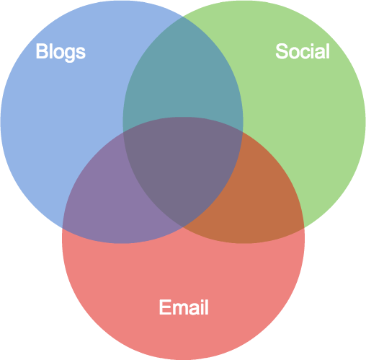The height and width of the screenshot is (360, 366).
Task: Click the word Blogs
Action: point(61,52)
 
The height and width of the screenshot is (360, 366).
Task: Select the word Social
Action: point(303,51)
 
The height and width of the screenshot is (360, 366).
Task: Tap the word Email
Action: point(184,307)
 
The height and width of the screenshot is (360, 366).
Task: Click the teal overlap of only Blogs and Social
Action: point(183,72)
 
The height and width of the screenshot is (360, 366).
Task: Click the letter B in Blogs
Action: point(41,51)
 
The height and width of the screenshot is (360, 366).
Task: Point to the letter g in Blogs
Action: point(71,54)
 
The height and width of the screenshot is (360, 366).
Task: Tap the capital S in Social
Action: point(282,51)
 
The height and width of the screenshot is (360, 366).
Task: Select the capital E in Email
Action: point(164,307)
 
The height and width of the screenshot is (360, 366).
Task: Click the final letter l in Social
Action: point(328,51)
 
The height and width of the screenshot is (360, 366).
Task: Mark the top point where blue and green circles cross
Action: point(183,17)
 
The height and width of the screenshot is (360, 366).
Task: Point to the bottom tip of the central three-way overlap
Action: point(183,227)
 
